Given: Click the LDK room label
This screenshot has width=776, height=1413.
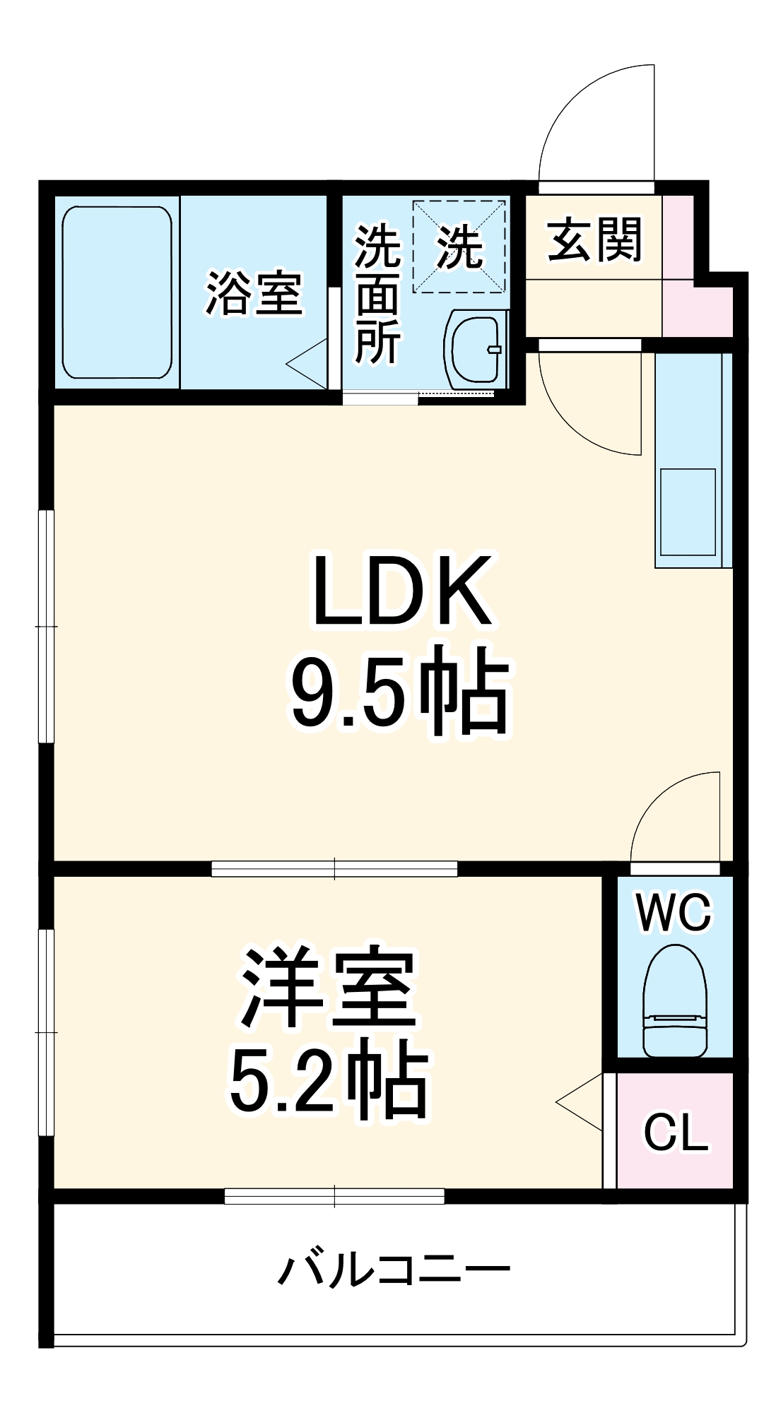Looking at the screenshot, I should coord(401,592).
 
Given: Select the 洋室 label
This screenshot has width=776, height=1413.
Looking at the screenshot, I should coord(329,988).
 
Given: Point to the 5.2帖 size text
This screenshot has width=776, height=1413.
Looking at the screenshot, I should coord(329,1082).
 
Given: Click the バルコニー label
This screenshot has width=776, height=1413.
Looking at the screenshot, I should coord(393,1270).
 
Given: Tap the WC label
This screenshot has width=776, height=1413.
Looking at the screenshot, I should coord(674,912).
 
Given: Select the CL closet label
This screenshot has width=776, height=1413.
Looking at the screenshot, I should coord(675,1132).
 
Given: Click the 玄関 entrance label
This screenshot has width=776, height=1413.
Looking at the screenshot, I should coord(594,240).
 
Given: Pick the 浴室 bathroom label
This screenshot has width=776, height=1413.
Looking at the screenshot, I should coord(254,292).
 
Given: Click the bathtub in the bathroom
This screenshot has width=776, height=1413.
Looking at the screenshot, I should coord(117,292).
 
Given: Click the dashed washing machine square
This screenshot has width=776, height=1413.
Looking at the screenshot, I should coord(459,246).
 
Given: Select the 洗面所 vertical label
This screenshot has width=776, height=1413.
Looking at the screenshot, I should coord(377,293).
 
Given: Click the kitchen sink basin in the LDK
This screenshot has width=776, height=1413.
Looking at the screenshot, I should coord(687,511).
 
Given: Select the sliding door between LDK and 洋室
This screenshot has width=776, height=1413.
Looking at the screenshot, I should coord(334,868).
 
